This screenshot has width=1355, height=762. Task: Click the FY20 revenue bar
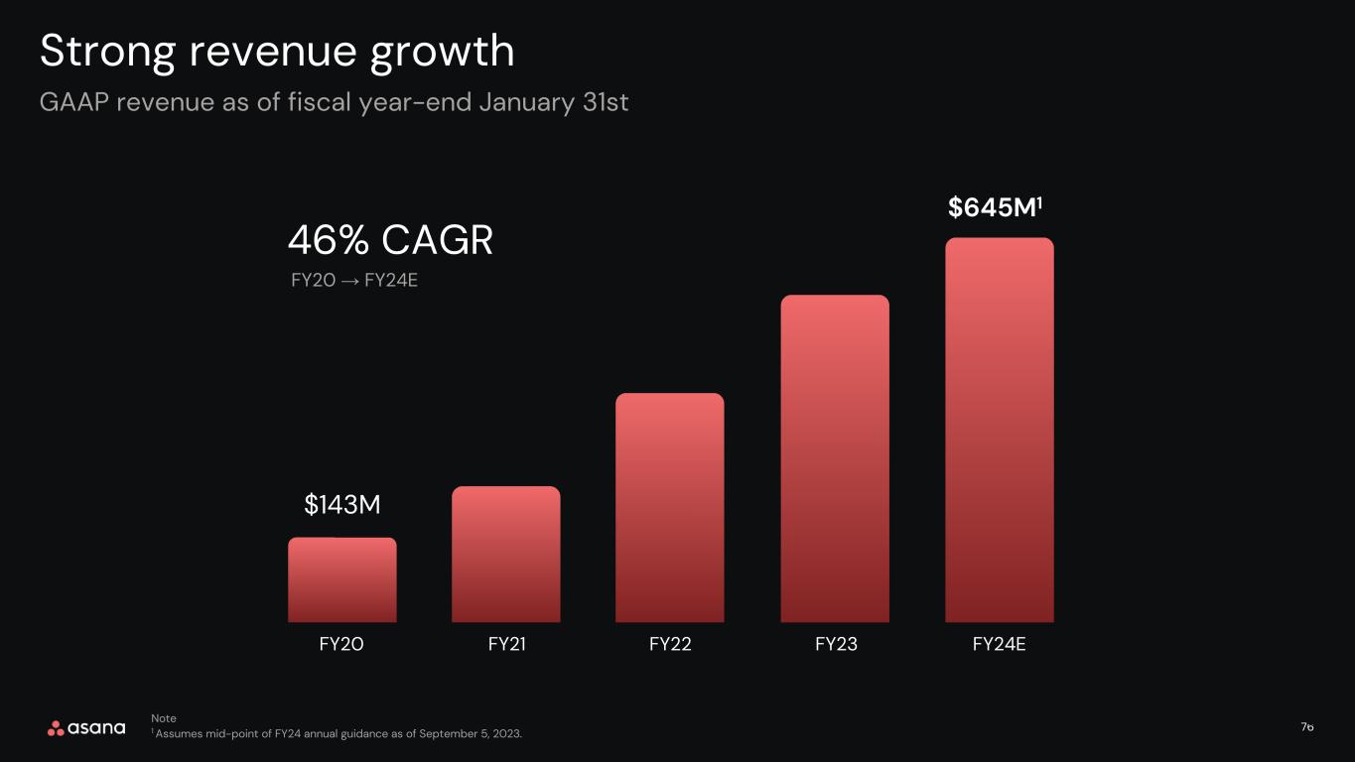[342, 580]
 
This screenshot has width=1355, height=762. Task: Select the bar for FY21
[505, 554]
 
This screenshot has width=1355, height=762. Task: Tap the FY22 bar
[670, 507]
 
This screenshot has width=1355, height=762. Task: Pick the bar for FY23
[835, 458]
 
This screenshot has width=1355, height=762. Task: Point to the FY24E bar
[1000, 430]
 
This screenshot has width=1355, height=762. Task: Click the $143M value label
[342, 504]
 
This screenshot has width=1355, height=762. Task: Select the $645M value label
[995, 207]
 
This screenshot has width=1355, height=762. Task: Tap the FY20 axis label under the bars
[341, 644]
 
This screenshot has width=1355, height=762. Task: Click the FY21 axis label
[507, 644]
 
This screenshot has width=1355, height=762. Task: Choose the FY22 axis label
[670, 644]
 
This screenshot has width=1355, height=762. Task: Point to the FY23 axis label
[836, 644]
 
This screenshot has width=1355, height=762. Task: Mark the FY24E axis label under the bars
[1000, 644]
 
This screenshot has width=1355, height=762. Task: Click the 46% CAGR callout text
[390, 240]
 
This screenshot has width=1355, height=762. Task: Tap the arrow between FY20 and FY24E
[349, 281]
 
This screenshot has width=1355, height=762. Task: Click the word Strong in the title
[107, 53]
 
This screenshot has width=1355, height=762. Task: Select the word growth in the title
[442, 53]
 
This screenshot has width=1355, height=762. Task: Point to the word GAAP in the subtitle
[73, 102]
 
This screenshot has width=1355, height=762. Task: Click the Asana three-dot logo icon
[56, 728]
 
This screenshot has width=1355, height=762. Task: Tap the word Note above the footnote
[164, 718]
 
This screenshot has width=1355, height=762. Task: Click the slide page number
[1307, 727]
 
